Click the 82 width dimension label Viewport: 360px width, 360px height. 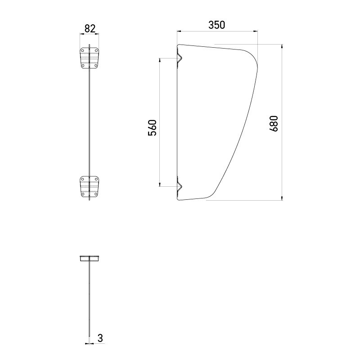coord(90,28)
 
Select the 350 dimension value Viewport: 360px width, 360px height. coord(216,25)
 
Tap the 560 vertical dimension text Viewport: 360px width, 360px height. coord(152,128)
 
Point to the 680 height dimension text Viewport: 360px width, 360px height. coord(274,124)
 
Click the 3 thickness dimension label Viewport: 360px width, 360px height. coord(100,337)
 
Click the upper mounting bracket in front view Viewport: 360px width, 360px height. coord(90,58)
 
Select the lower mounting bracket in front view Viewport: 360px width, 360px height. coord(90,187)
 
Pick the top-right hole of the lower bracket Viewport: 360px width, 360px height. coord(96,179)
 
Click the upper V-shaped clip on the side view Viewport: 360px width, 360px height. coord(179,58)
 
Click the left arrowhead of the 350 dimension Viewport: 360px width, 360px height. coord(179,31)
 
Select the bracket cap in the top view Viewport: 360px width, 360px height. coord(90,258)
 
